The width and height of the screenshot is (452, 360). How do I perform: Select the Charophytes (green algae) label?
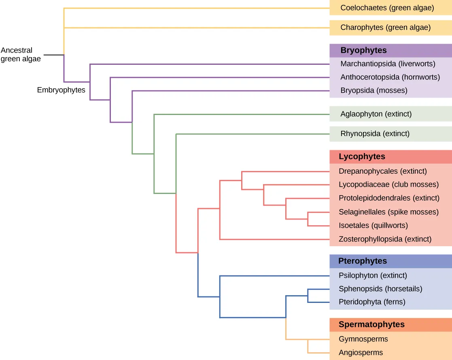(385, 28)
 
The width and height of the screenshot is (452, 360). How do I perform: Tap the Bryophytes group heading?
(363, 51)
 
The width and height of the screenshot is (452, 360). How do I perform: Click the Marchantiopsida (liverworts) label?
(388, 64)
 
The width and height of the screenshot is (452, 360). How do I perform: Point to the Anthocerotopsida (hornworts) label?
(390, 77)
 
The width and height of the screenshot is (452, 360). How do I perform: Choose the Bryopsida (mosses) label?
(373, 90)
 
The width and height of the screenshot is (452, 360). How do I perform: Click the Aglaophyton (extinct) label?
(376, 114)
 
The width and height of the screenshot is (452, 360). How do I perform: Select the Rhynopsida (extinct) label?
(375, 133)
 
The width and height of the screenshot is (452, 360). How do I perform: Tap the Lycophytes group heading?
(362, 157)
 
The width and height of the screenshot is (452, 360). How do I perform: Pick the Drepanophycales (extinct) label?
(382, 171)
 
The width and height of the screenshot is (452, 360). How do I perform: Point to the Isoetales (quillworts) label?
(373, 225)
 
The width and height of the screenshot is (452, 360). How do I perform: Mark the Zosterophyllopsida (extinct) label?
(385, 239)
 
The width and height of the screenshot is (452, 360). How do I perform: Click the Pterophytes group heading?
(363, 261)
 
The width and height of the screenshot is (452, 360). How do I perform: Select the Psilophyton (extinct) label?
(373, 275)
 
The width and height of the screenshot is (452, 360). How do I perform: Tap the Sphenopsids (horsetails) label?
(380, 289)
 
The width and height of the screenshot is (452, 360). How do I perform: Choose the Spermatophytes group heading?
(371, 324)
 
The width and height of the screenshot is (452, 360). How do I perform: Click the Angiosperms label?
(361, 352)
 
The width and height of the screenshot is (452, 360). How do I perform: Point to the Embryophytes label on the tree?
(61, 90)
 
